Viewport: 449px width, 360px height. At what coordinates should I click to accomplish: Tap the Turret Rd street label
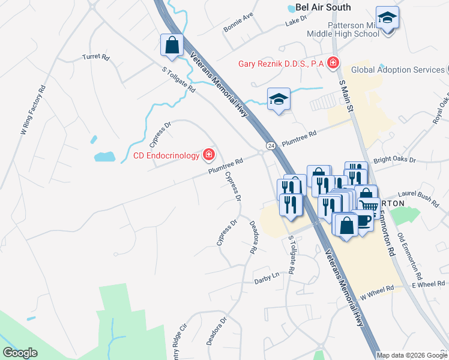tap(96, 58)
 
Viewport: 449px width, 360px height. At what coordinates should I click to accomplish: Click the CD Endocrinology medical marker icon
tap(208, 156)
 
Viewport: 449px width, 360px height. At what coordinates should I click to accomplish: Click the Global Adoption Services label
tap(397, 70)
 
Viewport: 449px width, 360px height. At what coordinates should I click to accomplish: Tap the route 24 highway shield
tap(271, 146)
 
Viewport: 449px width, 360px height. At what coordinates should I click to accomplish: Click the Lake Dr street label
tap(297, 21)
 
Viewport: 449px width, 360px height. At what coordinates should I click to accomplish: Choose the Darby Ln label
tap(267, 278)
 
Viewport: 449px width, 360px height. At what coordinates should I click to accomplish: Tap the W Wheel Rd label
tap(377, 292)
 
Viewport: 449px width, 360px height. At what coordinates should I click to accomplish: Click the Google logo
tap(20, 353)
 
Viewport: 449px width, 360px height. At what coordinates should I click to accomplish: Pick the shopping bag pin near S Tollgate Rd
tap(172, 45)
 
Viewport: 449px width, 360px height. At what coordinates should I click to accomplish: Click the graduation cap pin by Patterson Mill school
tap(388, 19)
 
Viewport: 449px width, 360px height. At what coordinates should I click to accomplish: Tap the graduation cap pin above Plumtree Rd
tap(278, 99)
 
